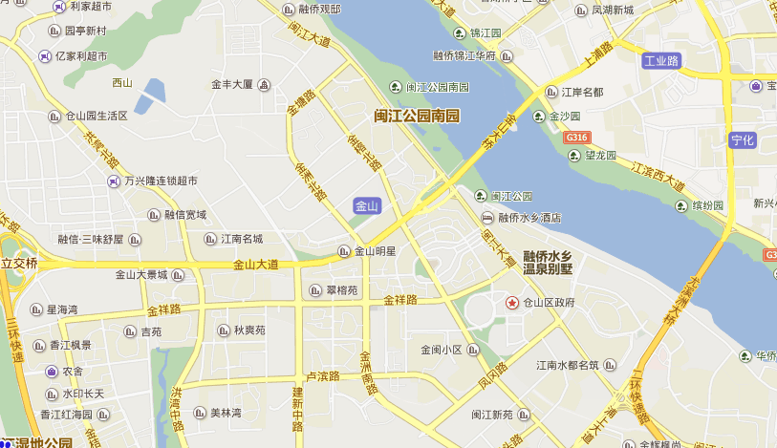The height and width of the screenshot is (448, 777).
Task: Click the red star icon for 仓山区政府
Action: click(x=512, y=303)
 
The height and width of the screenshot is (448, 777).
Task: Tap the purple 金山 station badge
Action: click(x=367, y=206)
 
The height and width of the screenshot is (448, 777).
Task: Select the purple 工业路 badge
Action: click(x=661, y=61)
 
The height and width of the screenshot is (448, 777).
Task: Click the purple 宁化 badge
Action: click(x=743, y=139)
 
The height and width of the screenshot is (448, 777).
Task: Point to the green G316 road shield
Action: click(x=575, y=138)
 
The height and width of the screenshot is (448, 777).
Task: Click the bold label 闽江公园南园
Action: click(x=417, y=117)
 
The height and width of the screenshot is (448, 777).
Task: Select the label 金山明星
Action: click(x=376, y=252)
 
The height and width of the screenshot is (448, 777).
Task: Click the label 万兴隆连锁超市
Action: click(x=160, y=181)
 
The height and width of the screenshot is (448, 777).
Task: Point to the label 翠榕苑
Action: click(x=340, y=290)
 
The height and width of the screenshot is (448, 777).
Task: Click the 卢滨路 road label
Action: click(x=322, y=375)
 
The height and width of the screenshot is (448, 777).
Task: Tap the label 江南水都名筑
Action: click(x=568, y=365)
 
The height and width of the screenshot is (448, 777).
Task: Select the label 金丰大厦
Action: click(x=232, y=84)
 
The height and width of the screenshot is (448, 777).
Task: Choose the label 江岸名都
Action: click(x=582, y=93)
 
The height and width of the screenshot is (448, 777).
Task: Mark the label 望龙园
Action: click(x=601, y=156)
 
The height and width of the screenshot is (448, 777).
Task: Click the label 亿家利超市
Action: click(x=83, y=56)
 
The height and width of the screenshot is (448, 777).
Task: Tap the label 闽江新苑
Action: click(x=492, y=415)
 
